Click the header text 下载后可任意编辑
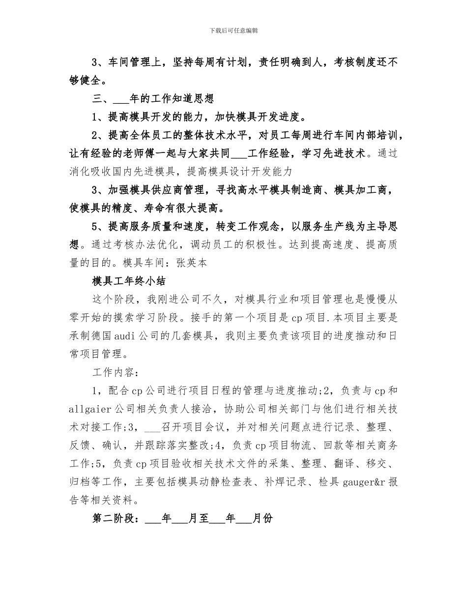(233, 30)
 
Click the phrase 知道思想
(194, 99)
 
